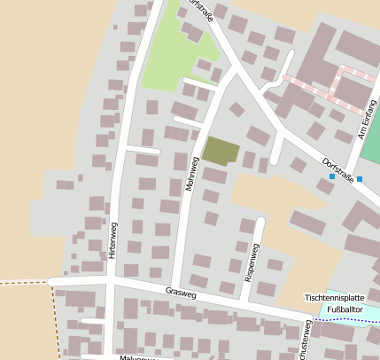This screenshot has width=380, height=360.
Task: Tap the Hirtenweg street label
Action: [x=112, y=239]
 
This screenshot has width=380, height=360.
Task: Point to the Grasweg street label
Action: [x=180, y=292]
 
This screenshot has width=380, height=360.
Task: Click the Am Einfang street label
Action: [x=362, y=121]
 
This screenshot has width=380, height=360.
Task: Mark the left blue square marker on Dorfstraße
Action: [x=332, y=177]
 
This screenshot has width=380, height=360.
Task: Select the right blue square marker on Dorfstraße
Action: [x=360, y=179]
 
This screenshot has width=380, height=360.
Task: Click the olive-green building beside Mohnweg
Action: [x=221, y=151]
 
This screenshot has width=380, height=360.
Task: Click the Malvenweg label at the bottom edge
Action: [x=137, y=356]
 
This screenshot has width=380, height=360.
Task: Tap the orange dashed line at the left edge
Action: [x=22, y=282]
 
